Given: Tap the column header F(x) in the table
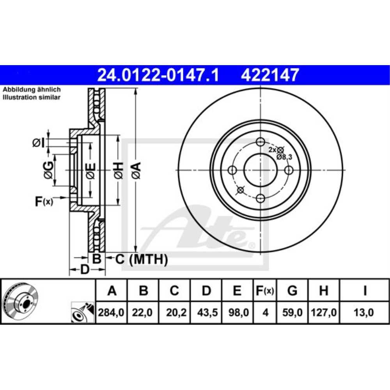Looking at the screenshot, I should [265, 291].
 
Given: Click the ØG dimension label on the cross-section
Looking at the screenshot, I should [48, 170].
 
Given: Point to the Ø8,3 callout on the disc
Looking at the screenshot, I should [284, 156].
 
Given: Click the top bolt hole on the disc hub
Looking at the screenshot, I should [261, 142].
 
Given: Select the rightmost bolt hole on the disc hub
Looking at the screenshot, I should [289, 170].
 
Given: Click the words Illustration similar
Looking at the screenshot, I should [32, 97].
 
